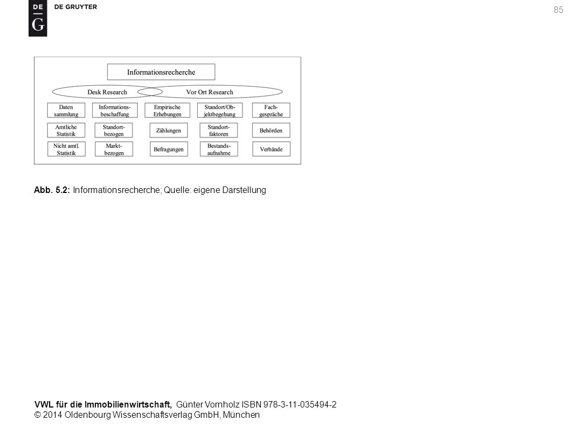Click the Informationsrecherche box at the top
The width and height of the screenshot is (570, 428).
[x=161, y=72]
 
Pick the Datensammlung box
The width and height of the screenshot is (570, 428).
[x=66, y=111]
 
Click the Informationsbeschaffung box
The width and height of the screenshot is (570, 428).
[x=115, y=111]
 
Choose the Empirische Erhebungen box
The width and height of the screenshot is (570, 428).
[x=167, y=111]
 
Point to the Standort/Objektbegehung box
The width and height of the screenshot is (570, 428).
[x=220, y=111]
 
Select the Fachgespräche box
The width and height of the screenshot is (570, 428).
[x=271, y=111]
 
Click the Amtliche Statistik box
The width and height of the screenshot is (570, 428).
[x=66, y=130]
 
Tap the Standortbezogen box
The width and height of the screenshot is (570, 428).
[x=114, y=130]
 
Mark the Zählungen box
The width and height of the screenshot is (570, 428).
[x=169, y=130]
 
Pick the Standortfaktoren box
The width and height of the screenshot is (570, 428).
[x=219, y=130]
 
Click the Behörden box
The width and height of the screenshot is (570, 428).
[x=271, y=130]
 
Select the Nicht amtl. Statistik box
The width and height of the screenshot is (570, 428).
[x=66, y=149]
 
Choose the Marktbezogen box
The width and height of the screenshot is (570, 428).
[x=114, y=149]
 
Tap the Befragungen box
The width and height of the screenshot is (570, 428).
[x=169, y=149]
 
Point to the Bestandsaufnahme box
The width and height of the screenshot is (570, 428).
[x=219, y=149]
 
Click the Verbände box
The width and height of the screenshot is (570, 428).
[x=272, y=149]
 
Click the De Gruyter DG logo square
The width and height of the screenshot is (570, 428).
[x=38, y=18]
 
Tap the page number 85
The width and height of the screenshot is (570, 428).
[x=558, y=10]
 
